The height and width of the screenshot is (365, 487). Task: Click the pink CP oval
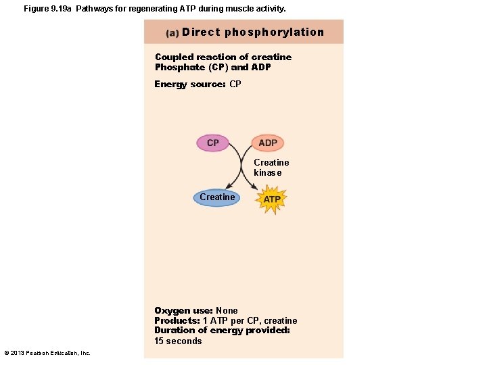213,143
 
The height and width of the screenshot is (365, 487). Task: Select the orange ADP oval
268,143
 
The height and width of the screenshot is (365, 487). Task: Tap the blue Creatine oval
217,197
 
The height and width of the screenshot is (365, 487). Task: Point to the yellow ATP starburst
272,199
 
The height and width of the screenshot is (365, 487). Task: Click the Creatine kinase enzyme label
271,168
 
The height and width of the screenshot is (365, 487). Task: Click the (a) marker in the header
172,33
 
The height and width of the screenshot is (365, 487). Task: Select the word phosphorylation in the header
274,32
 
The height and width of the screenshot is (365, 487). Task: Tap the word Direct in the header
201,32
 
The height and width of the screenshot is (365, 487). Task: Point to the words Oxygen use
183,311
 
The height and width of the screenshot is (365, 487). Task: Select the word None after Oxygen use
227,311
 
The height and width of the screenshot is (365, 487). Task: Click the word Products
177,321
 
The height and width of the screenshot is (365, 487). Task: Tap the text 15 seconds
178,341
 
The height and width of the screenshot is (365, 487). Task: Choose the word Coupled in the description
175,57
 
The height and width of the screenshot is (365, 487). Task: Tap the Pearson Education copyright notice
47,353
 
